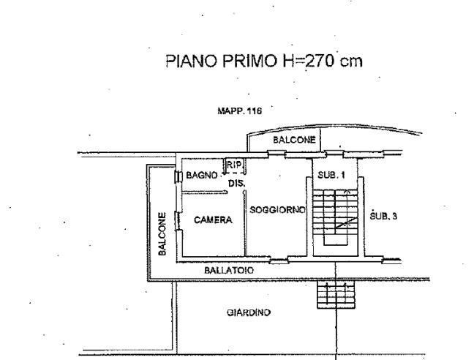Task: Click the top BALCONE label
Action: tap(294, 140)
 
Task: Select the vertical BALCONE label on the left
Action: tap(162, 233)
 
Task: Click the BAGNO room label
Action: tap(201, 176)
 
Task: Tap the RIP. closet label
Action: tap(233, 165)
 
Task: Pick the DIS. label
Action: tap(236, 183)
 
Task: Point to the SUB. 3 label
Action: tap(383, 217)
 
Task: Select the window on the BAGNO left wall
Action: tap(178, 176)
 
